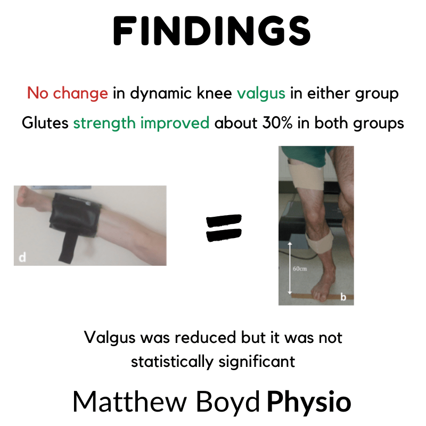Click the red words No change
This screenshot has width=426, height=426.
(67, 94)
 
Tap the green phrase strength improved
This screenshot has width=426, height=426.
(141, 123)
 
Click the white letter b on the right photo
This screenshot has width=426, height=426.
(343, 297)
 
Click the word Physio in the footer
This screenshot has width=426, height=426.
(309, 402)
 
